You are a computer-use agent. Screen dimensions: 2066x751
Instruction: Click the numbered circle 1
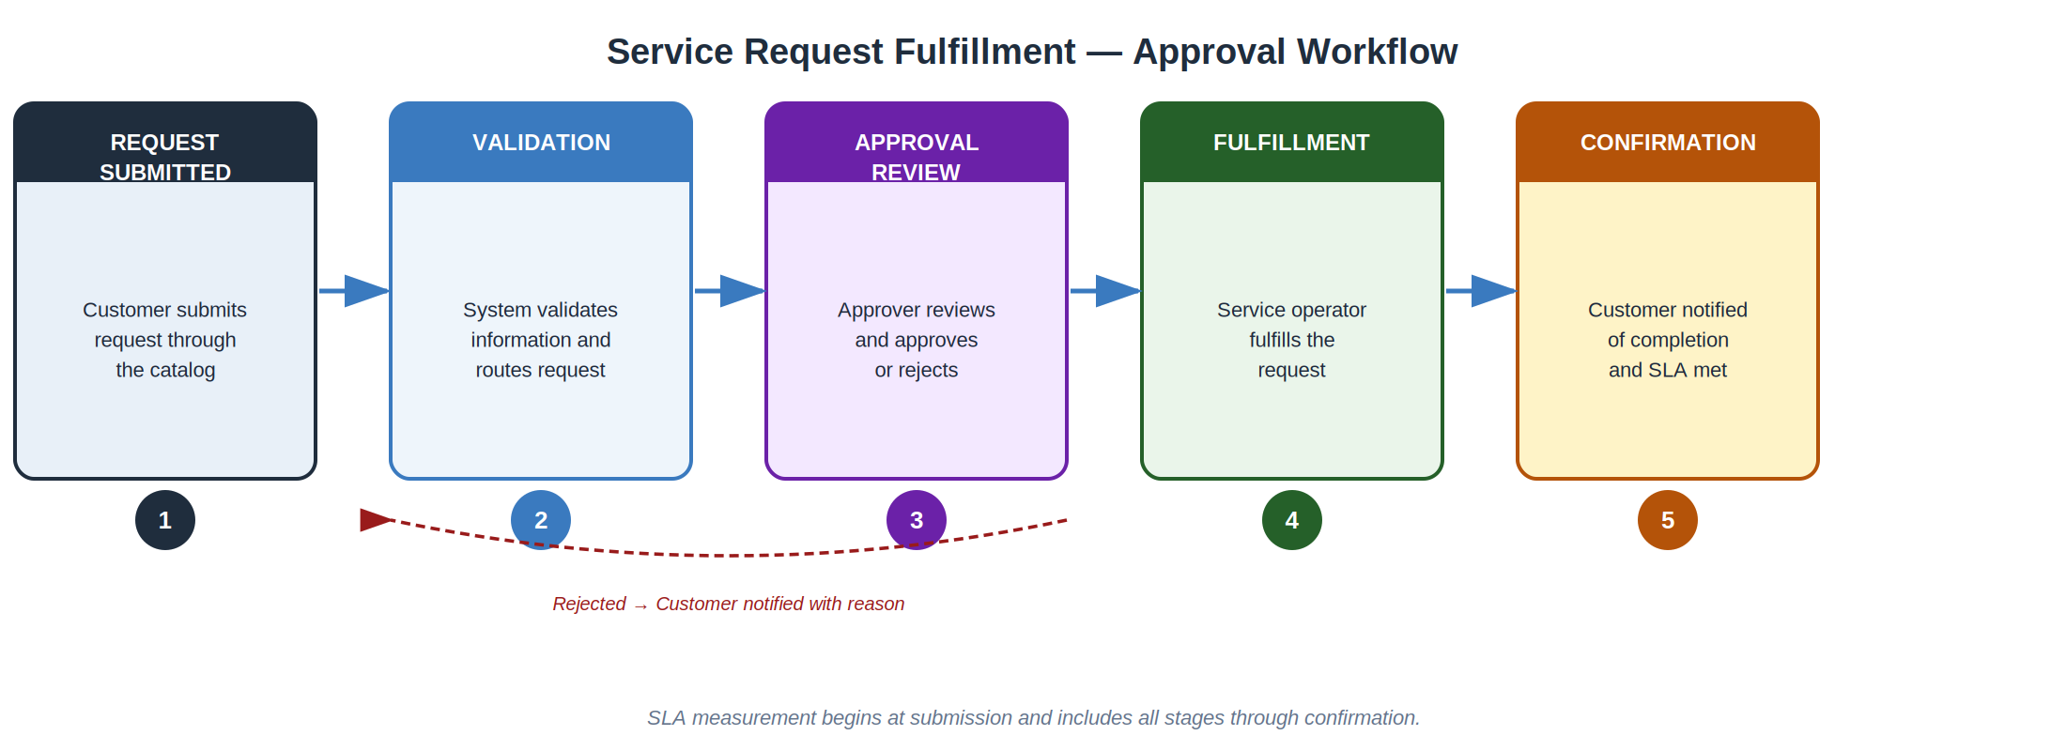(x=165, y=520)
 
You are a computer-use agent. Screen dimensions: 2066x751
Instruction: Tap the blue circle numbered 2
(x=541, y=520)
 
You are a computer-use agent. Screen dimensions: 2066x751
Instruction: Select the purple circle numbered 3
(x=917, y=520)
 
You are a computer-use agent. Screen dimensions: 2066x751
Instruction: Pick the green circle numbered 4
(x=1292, y=520)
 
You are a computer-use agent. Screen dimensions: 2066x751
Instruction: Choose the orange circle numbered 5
(x=1668, y=520)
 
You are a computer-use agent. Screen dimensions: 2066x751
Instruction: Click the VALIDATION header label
(x=541, y=143)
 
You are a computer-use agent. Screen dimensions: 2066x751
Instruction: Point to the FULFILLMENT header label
(x=1291, y=143)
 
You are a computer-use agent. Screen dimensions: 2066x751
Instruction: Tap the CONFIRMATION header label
(x=1668, y=143)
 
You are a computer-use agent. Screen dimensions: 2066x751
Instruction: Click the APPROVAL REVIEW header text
(x=917, y=157)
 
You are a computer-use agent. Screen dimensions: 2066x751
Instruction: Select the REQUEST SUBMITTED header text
(x=165, y=157)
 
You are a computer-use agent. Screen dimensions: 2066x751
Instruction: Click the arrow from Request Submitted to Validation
(x=354, y=291)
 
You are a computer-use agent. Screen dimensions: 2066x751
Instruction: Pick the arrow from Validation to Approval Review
(x=730, y=291)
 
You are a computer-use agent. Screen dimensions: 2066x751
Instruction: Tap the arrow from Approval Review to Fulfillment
(x=1105, y=291)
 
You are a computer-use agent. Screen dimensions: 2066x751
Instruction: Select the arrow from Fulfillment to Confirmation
(x=1481, y=291)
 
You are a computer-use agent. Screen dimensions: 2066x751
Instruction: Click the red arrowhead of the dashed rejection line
(x=375, y=520)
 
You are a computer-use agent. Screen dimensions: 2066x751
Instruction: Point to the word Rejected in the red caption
(x=589, y=604)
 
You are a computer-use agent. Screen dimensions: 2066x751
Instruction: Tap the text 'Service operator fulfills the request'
(x=1292, y=340)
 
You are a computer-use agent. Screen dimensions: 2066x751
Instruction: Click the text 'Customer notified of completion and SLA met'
(x=1668, y=340)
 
